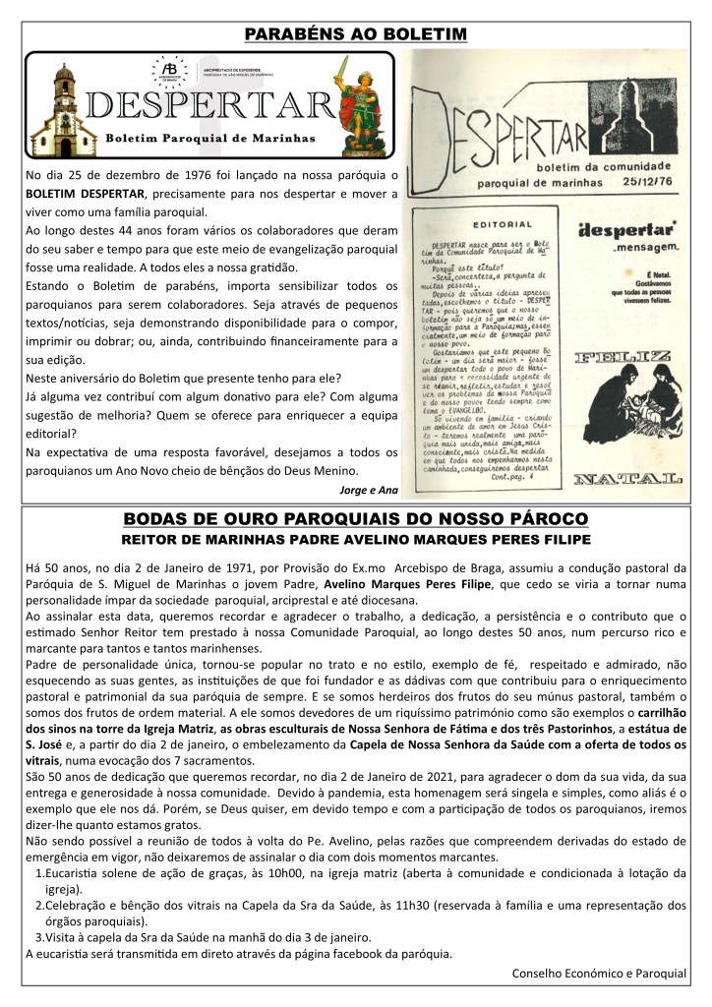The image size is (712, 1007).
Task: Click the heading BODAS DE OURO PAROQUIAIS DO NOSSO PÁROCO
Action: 356,517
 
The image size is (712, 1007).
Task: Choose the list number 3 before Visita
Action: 39,937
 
